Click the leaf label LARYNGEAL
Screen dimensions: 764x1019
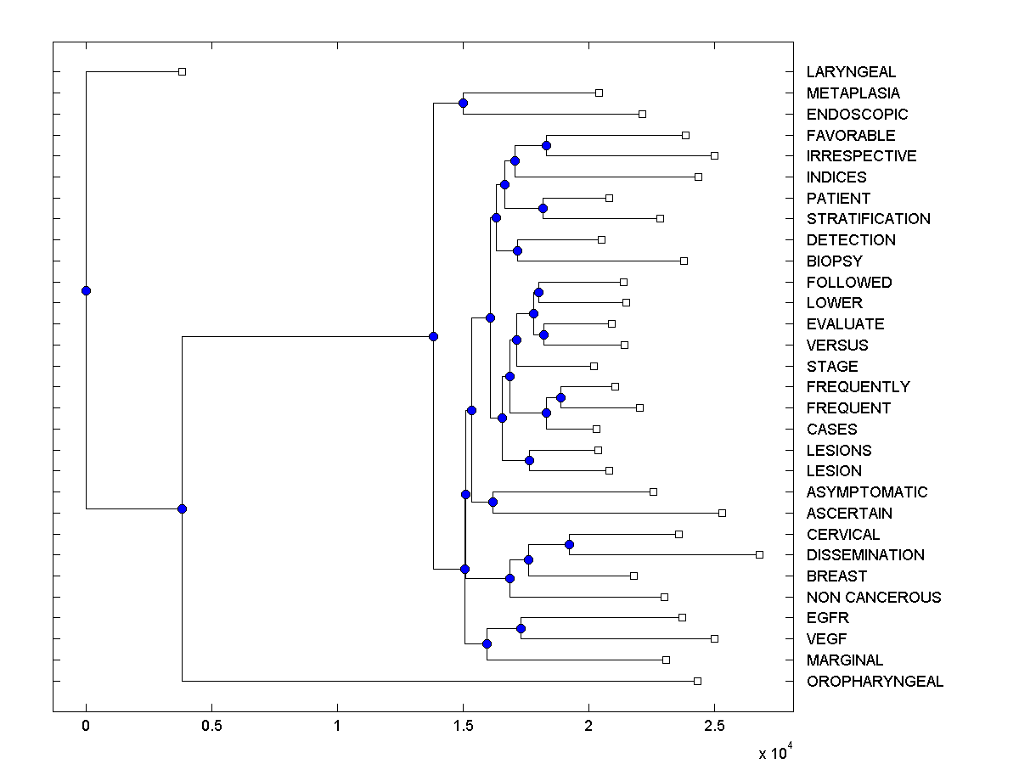click(851, 72)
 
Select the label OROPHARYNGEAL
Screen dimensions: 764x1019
click(875, 682)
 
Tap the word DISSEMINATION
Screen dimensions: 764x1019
click(865, 555)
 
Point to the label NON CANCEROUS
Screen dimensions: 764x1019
click(874, 598)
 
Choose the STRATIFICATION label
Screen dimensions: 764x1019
click(868, 219)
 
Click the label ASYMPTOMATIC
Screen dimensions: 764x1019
click(867, 492)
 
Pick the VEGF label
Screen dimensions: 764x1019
click(827, 639)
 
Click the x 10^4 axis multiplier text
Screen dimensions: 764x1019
click(775, 752)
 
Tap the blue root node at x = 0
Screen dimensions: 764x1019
click(86, 290)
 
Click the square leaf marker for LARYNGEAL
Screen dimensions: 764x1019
click(182, 72)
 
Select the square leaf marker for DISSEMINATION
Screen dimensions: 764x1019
click(759, 554)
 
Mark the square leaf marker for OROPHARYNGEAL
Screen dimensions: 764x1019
click(697, 681)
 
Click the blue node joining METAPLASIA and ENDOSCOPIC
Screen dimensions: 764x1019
click(463, 104)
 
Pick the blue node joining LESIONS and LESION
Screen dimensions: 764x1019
click(529, 460)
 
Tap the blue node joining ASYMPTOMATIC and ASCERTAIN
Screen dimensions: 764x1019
click(493, 502)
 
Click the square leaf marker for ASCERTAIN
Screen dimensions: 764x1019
click(722, 513)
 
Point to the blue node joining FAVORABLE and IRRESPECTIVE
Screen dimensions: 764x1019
click(546, 145)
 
